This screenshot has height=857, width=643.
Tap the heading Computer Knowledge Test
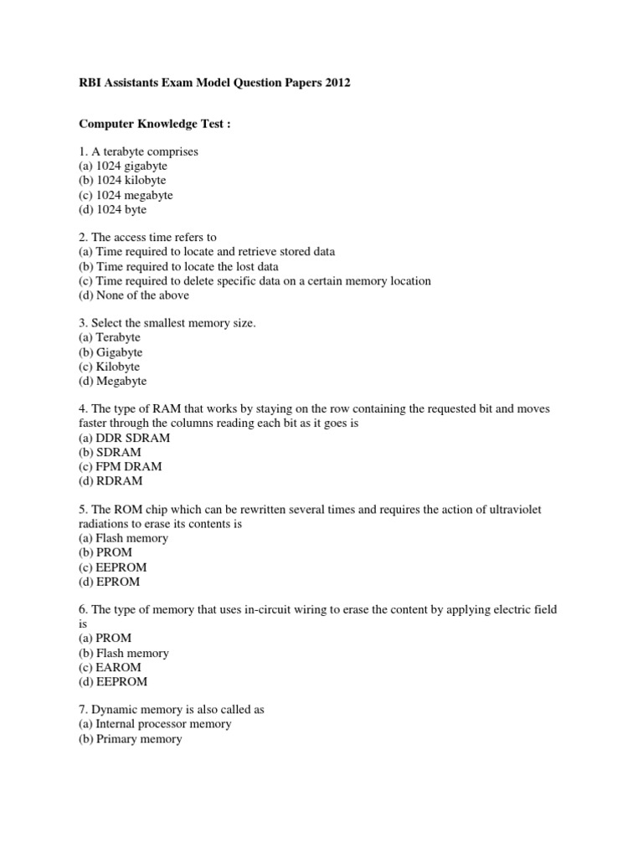pos(154,124)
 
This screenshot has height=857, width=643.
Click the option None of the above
pos(134,295)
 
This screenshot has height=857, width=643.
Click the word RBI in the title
pos(90,84)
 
